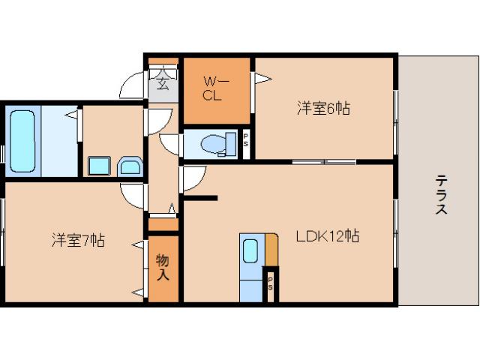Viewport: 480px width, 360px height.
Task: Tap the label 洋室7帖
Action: point(77,241)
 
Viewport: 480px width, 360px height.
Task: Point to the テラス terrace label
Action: point(441,194)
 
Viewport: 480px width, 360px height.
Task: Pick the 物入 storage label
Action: point(163,267)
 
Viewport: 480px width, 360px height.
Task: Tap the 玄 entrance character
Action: point(162,78)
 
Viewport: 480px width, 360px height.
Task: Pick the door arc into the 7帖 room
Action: point(133,194)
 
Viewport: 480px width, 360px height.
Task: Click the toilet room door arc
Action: point(169,144)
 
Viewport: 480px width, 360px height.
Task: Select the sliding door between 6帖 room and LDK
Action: point(323,162)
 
